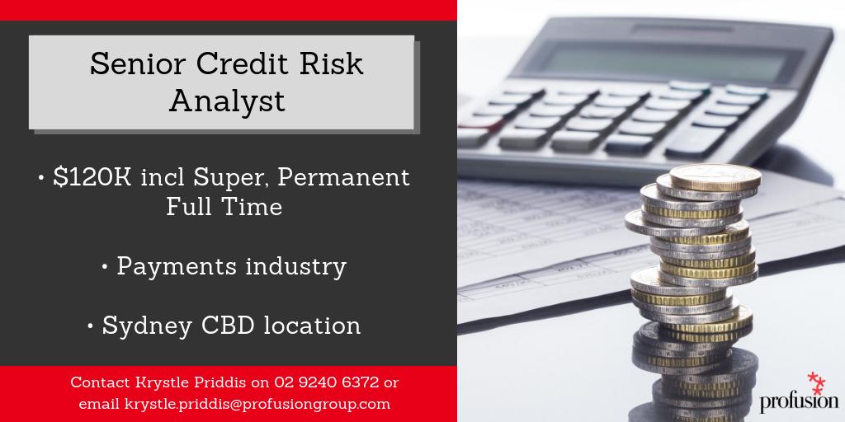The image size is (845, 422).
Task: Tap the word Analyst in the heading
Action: pyautogui.click(x=227, y=101)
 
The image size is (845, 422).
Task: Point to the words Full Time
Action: pyautogui.click(x=224, y=206)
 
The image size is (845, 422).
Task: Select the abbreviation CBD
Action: pyautogui.click(x=226, y=325)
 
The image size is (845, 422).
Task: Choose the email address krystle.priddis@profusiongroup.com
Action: pyautogui.click(x=257, y=404)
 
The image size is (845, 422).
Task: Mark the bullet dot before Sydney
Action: pyautogui.click(x=89, y=326)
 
